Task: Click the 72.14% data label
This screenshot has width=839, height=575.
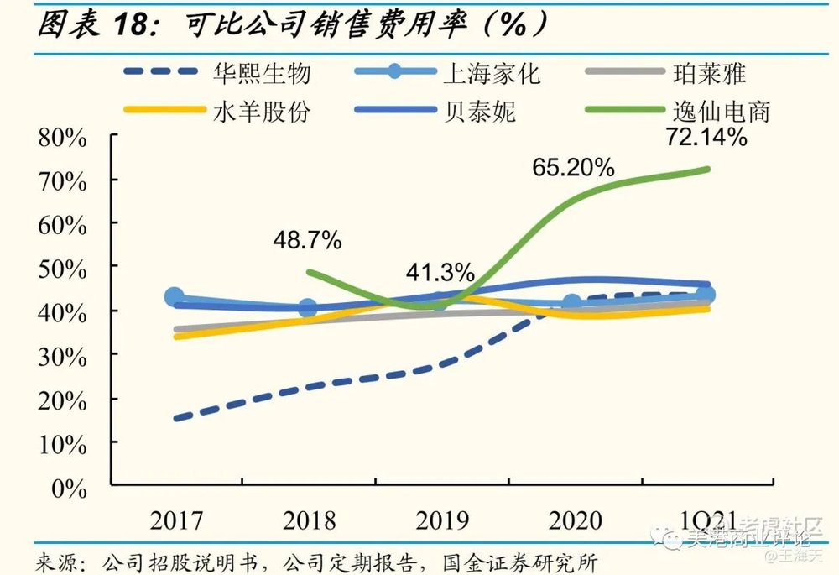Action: coord(705,137)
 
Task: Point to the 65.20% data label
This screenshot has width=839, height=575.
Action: coord(573,167)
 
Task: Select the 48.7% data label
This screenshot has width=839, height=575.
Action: coord(307,241)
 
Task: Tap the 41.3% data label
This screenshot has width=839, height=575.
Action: coord(440,273)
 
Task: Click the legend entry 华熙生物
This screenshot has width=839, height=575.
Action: coord(262,73)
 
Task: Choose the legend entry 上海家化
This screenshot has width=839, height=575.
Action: coord(491,73)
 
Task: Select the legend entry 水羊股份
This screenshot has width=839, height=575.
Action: coord(262,111)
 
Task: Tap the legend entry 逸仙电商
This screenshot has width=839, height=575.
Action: coord(721,111)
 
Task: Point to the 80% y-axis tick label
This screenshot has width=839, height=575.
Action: coord(62,138)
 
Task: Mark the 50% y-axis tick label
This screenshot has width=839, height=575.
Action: coord(62,269)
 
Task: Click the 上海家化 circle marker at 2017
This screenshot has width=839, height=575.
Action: coord(175,296)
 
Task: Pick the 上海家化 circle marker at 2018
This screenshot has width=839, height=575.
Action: coord(308,308)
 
